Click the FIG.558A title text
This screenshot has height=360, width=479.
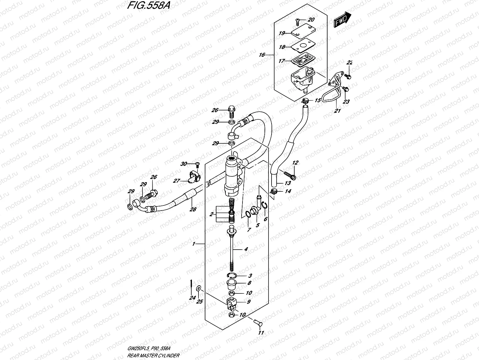[147, 6]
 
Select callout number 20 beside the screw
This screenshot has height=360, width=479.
[311, 19]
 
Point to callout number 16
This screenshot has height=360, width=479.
[262, 55]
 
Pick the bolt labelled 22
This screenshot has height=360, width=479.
[348, 77]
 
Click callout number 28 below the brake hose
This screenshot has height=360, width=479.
[193, 209]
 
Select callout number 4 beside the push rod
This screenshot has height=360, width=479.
[246, 249]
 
